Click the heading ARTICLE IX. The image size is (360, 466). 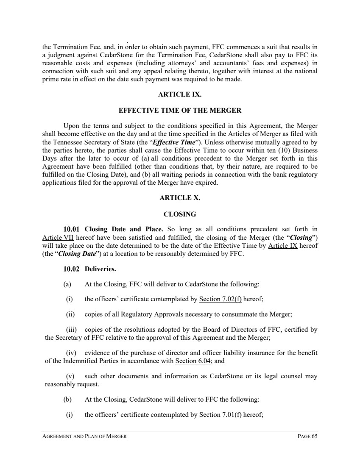pos(180,95)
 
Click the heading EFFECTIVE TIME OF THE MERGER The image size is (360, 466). pos(180,111)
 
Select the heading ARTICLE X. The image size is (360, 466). pos(180,198)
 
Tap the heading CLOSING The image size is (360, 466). pos(180,214)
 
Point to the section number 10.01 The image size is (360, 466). pos(72,229)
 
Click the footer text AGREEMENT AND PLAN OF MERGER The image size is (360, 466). pos(84,437)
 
